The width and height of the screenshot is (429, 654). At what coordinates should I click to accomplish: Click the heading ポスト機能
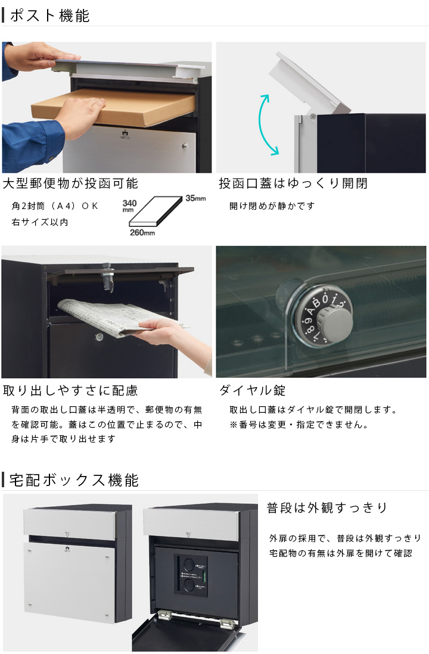(49, 16)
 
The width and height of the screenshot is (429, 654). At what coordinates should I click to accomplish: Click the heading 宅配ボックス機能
(74, 480)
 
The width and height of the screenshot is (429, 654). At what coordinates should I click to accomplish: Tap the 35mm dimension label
(195, 198)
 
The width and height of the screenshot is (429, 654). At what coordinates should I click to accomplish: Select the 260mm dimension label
(142, 232)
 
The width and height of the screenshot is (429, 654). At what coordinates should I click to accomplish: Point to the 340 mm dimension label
(129, 205)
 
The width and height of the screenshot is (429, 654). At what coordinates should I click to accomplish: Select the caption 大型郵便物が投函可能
(70, 183)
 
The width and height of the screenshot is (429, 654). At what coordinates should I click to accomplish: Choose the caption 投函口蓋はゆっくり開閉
(293, 183)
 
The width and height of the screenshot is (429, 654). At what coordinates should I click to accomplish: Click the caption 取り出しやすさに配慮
(70, 390)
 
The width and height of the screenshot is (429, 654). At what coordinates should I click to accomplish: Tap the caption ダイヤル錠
(253, 390)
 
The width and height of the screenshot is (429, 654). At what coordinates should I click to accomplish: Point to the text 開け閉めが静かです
(272, 205)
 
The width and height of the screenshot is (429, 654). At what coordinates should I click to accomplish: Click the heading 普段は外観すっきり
(327, 507)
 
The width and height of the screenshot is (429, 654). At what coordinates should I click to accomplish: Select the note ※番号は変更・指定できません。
(299, 425)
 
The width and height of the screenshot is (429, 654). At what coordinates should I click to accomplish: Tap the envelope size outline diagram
(157, 213)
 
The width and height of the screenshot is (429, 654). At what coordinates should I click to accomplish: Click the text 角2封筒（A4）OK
(55, 205)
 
